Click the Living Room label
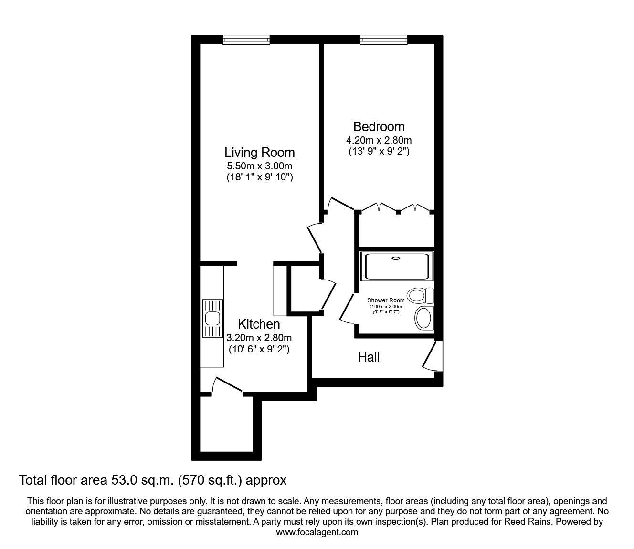(260, 153)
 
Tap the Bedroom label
(379, 126)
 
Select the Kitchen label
(259, 324)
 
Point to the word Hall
(369, 357)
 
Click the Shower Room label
(386, 300)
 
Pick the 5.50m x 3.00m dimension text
(260, 166)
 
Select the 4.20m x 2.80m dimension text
(379, 140)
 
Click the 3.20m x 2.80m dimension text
(259, 338)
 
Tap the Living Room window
(246, 40)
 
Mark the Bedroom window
(384, 40)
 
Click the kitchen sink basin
(212, 319)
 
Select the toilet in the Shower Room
(420, 296)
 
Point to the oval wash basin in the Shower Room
(423, 318)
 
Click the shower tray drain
(396, 259)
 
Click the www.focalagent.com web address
(317, 532)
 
